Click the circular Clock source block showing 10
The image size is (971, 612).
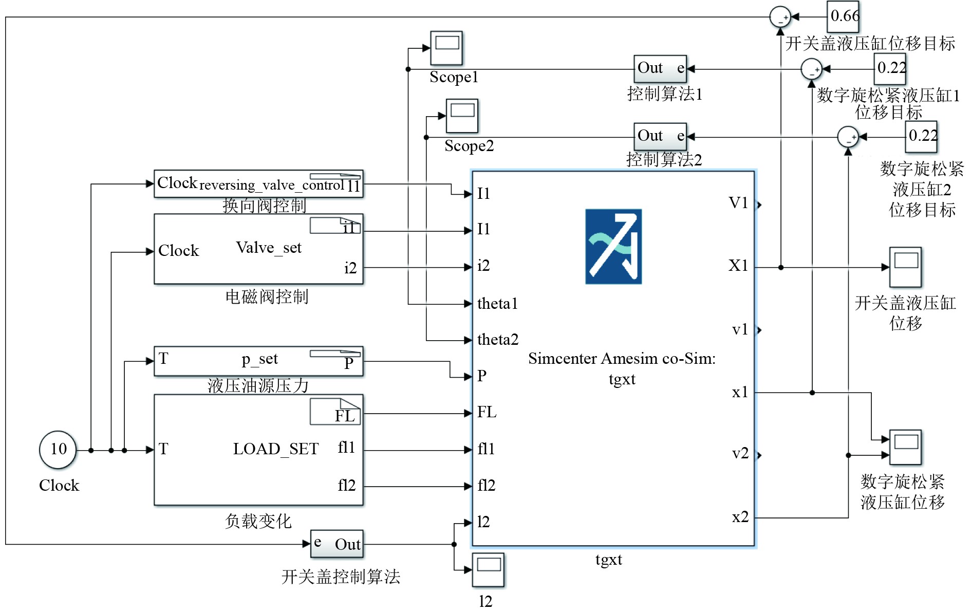[58, 450]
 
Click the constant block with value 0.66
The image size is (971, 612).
[843, 16]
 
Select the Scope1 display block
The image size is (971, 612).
[446, 48]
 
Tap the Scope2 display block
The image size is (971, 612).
[462, 116]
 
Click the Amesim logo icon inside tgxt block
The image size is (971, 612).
[613, 246]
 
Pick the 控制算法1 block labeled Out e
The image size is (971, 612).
[660, 69]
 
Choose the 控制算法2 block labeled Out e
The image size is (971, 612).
[660, 136]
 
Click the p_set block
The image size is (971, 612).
[258, 361]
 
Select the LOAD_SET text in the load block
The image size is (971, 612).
[275, 449]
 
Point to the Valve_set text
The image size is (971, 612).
[268, 248]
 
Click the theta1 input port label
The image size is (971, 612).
[497, 304]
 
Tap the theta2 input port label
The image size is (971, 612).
[497, 340]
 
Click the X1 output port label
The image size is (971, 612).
[738, 266]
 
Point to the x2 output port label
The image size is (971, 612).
[740, 517]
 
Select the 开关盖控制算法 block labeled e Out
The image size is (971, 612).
[337, 544]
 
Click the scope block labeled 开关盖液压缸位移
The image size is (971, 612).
[905, 267]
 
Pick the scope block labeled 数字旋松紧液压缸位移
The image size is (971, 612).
[905, 447]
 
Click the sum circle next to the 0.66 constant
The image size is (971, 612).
[780, 17]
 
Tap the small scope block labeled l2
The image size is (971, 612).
[488, 569]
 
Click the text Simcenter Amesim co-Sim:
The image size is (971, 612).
[622, 359]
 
